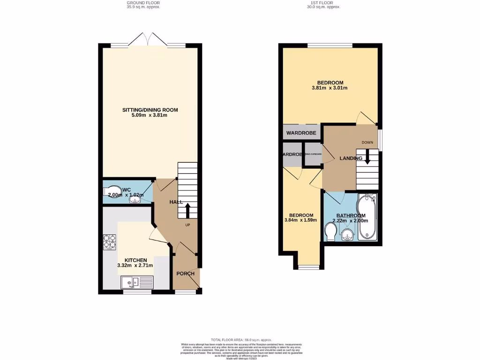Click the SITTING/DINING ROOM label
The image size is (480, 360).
click(x=150, y=110)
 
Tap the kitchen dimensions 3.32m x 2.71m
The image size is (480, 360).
click(x=135, y=266)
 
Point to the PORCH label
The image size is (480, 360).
click(x=185, y=274)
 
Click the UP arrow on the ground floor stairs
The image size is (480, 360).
click(x=187, y=210)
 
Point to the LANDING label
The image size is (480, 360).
click(x=351, y=158)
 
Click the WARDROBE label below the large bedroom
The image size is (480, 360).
click(x=301, y=133)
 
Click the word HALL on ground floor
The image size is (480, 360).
click(x=176, y=202)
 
